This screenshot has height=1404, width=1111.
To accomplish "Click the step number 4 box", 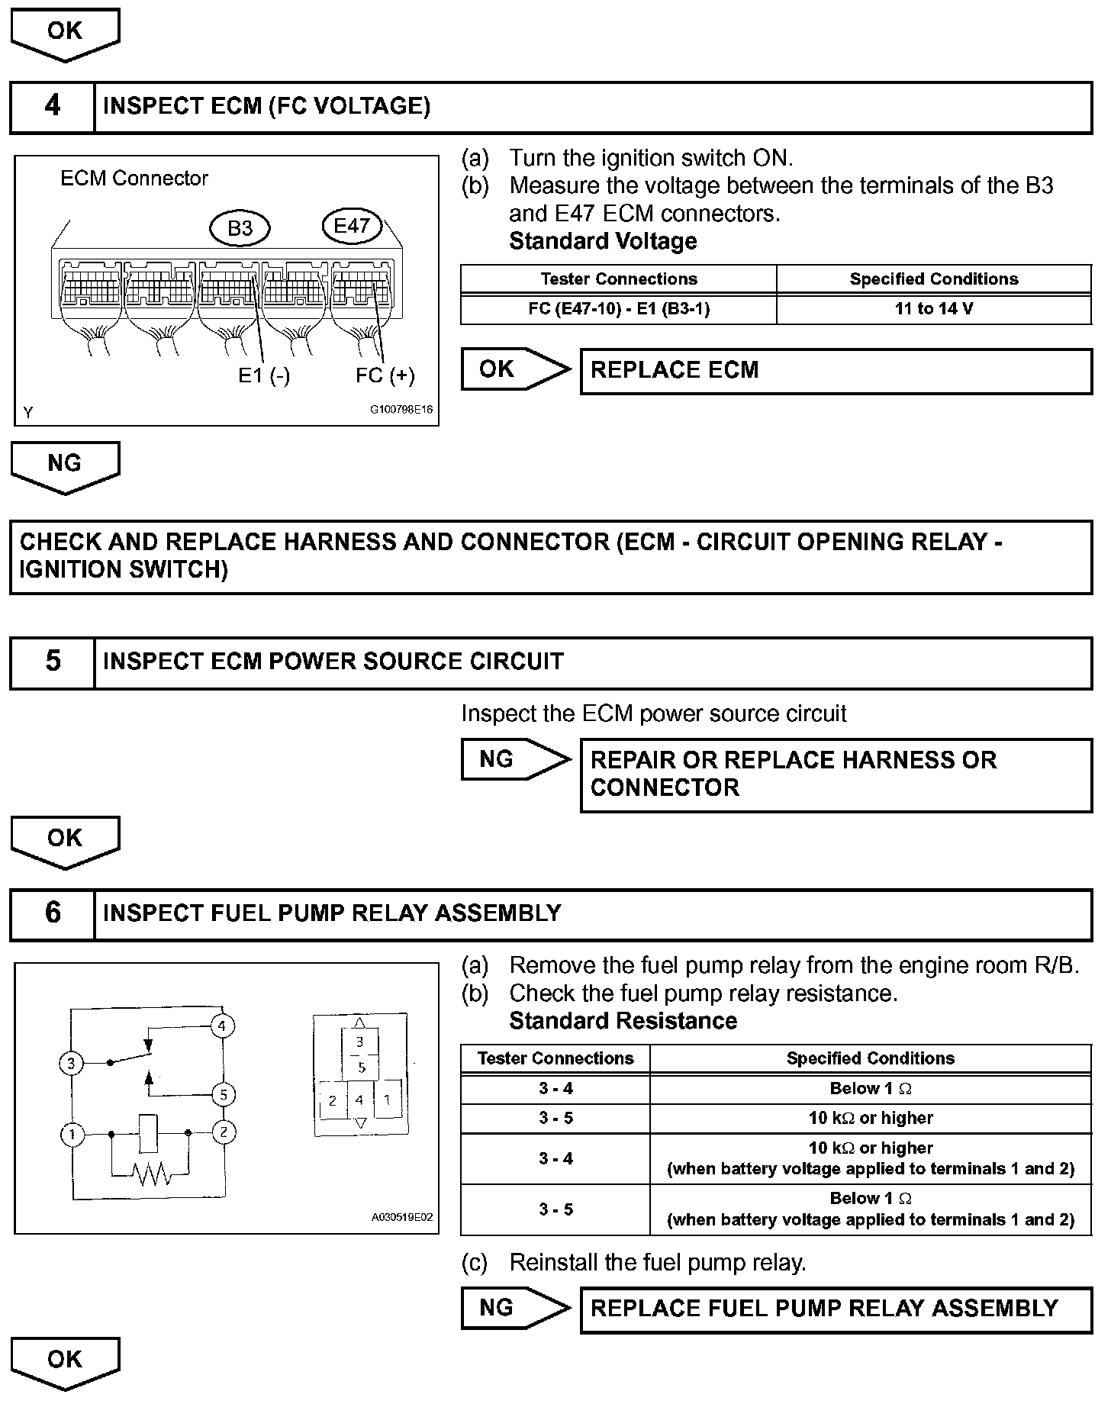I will click(x=53, y=106).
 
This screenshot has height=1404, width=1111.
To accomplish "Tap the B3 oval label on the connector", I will click(x=240, y=228).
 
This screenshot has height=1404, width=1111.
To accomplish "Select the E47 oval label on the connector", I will click(x=352, y=225).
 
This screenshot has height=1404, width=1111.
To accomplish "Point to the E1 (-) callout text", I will click(x=264, y=375).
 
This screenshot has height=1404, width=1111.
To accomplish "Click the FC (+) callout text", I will click(x=385, y=375).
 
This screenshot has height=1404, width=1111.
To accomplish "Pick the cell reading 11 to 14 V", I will click(x=934, y=309).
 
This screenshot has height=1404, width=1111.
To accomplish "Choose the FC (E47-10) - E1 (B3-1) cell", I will click(x=619, y=309).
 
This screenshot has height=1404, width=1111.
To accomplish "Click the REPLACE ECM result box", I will click(x=836, y=371).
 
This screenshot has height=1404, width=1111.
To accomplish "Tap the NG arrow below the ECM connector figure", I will click(x=65, y=465).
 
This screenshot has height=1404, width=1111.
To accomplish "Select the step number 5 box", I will click(x=53, y=662).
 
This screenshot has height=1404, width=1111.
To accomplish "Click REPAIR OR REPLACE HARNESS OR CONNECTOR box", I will click(x=836, y=774).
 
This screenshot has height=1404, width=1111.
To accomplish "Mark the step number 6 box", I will click(x=53, y=913).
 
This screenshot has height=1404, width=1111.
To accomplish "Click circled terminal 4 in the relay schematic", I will click(x=222, y=1026).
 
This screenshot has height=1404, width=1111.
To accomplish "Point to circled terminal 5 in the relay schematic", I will click(x=223, y=1095).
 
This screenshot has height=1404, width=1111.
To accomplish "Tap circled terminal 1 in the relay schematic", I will click(x=72, y=1135).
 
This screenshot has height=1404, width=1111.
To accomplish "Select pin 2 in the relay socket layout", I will click(x=333, y=1101).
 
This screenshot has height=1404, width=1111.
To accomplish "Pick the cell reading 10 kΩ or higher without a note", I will click(x=871, y=1119).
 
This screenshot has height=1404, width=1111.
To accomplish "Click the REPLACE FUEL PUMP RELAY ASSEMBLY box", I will click(x=836, y=1308).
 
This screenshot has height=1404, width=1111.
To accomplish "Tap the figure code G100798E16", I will click(x=401, y=410).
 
